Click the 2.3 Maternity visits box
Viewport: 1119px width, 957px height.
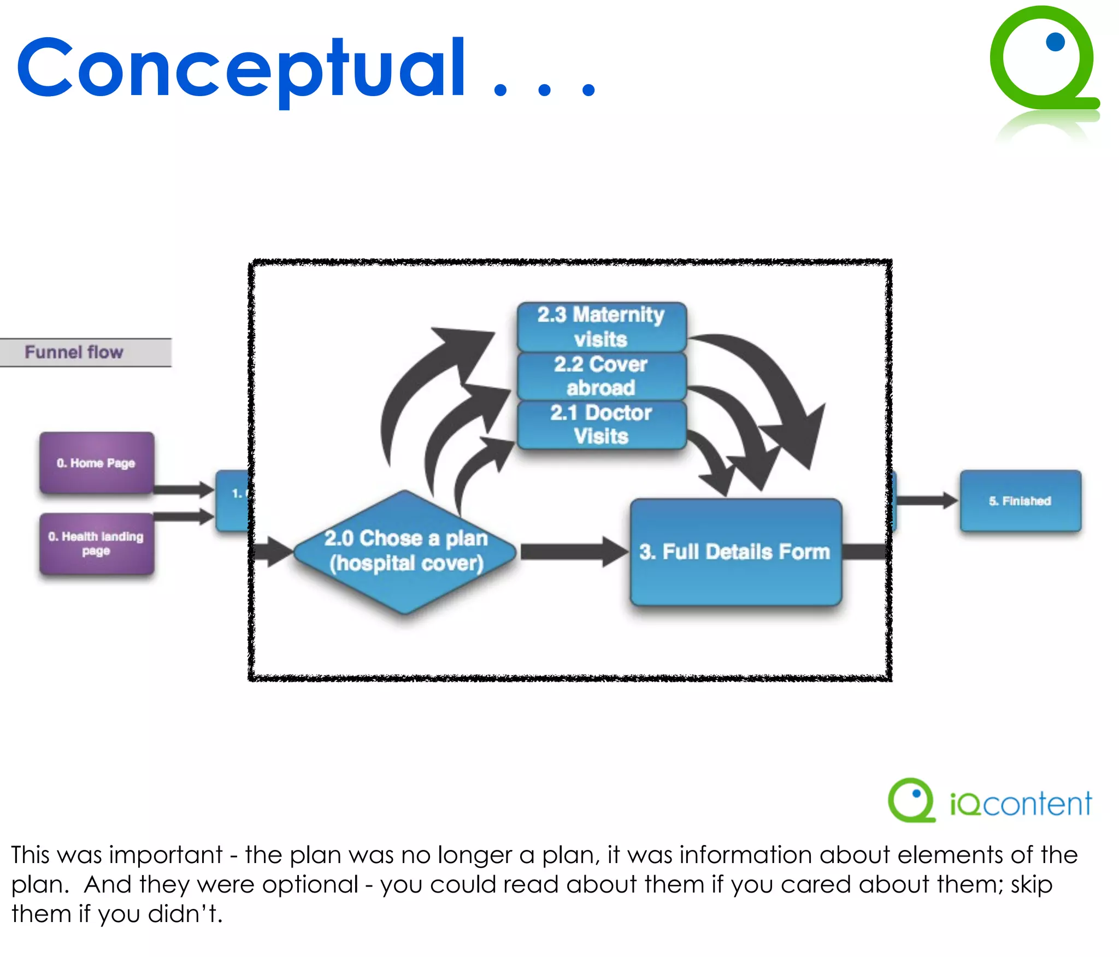coord(601,327)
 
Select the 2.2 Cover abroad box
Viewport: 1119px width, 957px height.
coord(601,376)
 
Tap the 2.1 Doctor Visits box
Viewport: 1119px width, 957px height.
coord(601,424)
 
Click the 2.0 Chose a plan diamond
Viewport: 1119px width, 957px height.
coord(405,552)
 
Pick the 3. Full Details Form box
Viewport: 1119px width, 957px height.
coord(735,552)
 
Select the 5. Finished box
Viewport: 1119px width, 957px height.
coord(1020,500)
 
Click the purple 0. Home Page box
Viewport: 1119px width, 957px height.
coord(96,463)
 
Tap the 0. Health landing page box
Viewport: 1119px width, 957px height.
coord(96,544)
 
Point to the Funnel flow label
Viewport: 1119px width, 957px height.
coord(74,352)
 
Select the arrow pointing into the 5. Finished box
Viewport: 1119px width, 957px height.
coord(926,500)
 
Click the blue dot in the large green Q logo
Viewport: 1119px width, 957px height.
coord(1055,42)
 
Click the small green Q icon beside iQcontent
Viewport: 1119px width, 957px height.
coord(911,801)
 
